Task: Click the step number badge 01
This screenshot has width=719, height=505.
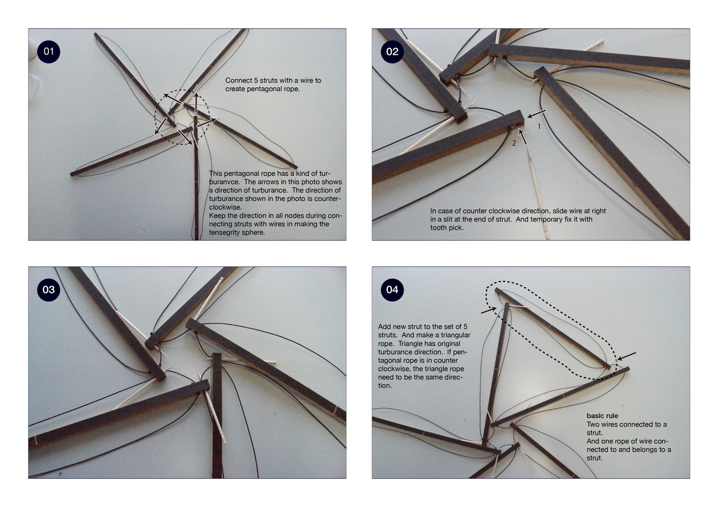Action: tap(49, 52)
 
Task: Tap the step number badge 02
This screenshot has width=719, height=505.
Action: tap(392, 52)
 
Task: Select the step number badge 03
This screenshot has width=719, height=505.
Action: tap(49, 290)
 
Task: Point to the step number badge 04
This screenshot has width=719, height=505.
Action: tap(392, 290)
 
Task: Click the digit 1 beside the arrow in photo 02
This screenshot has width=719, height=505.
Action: tap(539, 127)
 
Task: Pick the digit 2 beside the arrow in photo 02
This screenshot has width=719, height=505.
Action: tap(514, 144)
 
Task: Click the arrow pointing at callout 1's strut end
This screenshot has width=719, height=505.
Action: tap(537, 114)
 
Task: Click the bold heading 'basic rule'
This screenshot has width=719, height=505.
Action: tap(602, 416)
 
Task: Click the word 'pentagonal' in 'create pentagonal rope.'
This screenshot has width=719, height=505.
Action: tap(263, 89)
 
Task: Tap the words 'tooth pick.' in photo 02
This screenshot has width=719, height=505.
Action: tap(447, 228)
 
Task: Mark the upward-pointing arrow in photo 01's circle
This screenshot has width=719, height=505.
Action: tap(196, 103)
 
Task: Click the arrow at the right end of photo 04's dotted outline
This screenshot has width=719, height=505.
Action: tap(626, 356)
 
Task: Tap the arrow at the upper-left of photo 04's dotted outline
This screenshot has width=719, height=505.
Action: tap(489, 310)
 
